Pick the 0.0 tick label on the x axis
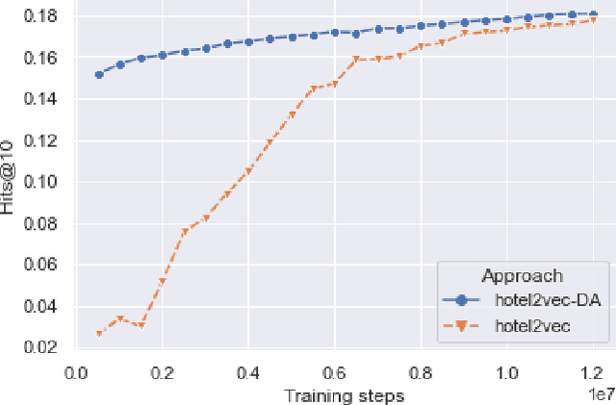pos(76,372)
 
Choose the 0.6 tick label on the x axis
pos(334,372)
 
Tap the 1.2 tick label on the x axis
pos(592,372)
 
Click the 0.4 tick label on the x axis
pos(248,372)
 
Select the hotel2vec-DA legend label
pos(547,301)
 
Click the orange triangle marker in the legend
pos(461,326)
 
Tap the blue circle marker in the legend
pos(461,301)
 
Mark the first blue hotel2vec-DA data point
pos(98,74)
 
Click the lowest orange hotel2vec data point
pos(98,334)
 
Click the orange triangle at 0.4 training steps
pos(248,171)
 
